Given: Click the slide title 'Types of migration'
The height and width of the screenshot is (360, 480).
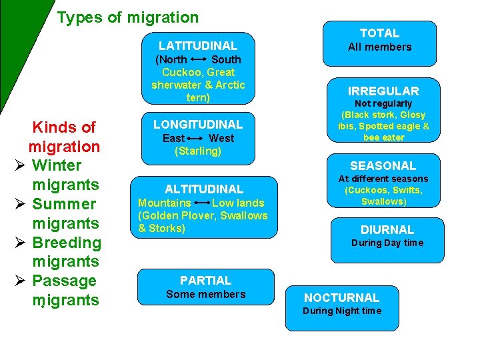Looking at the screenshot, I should click(128, 17).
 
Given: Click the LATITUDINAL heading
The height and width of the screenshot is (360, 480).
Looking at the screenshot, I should click(198, 46).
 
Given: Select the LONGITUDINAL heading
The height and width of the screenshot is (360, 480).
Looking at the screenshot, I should click(198, 124).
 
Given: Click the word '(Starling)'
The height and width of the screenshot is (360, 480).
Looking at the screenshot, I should click(198, 151).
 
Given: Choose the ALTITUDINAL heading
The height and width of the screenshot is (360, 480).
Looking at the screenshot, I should click(204, 189).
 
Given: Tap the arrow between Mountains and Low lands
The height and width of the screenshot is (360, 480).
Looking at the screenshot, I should click(201, 203).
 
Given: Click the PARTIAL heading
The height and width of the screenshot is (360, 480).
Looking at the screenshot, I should click(205, 281).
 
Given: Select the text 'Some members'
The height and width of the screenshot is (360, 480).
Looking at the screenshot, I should click(205, 294).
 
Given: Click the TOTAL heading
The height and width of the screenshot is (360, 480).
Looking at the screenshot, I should click(379, 33).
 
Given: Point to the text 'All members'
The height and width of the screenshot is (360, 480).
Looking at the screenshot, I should click(379, 47).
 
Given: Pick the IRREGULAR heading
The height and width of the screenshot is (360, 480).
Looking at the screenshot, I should click(383, 91).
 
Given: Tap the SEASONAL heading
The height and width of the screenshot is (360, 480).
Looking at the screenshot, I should click(383, 165).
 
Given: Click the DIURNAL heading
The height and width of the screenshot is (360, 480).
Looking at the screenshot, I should click(387, 229).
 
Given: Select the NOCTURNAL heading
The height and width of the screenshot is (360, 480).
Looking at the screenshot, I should click(341, 298).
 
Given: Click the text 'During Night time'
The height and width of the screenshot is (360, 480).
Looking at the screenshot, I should click(341, 311).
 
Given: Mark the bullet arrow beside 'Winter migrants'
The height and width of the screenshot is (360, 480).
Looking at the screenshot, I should click(20, 165).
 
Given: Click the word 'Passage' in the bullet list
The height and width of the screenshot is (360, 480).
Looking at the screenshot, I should click(64, 281).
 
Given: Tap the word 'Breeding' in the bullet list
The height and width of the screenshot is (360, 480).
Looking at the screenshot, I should click(67, 243).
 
